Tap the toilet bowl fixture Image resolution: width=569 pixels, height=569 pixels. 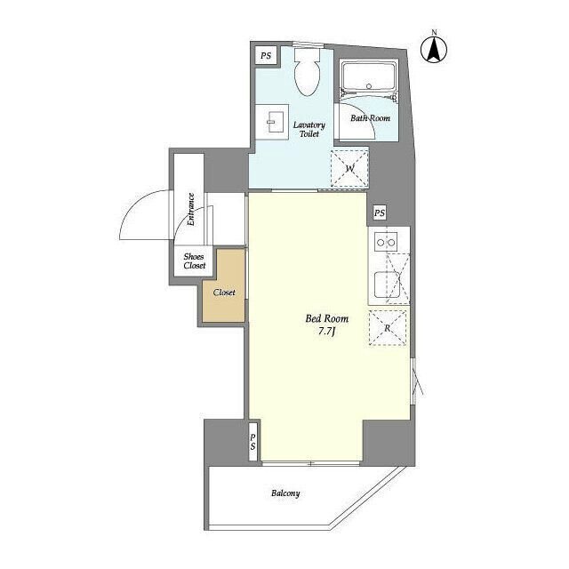click(x=308, y=73)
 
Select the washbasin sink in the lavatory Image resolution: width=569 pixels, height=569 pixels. click(x=272, y=122)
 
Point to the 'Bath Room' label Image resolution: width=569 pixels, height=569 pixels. click(x=370, y=118)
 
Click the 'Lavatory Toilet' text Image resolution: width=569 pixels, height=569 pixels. click(x=309, y=129)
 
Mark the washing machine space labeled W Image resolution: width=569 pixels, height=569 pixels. click(x=349, y=168)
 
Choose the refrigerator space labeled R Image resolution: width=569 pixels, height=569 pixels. click(x=388, y=328)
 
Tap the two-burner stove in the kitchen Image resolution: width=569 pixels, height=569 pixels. click(x=386, y=241)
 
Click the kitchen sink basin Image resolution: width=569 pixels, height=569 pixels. click(x=388, y=284)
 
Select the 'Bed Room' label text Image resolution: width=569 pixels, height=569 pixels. click(x=327, y=318)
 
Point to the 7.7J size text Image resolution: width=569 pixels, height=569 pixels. click(x=326, y=332)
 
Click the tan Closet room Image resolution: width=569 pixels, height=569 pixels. click(x=223, y=285)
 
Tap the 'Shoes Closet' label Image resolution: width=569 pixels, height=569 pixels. click(x=194, y=260)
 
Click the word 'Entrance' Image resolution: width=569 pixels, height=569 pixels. click(x=190, y=210)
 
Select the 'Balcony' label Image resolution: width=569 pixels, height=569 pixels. click(x=285, y=493)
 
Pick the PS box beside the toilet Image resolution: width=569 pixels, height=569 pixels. click(x=266, y=56)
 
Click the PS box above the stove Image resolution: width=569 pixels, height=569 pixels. click(x=380, y=212)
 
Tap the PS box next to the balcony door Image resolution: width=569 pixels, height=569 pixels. click(x=252, y=442)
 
